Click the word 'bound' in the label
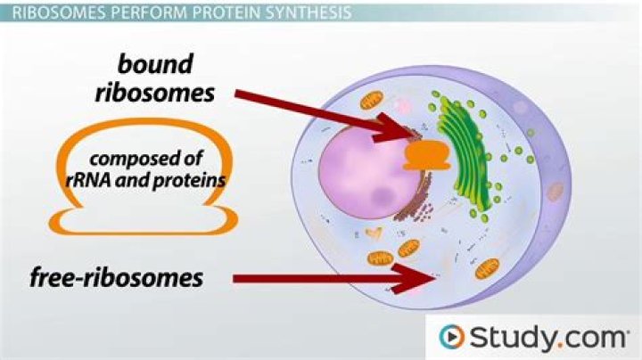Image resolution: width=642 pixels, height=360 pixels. click(x=155, y=65)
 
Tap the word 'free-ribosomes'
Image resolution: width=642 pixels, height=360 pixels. click(x=116, y=278)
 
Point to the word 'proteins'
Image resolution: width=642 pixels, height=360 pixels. click(x=189, y=181)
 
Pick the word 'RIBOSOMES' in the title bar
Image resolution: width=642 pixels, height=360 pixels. click(x=59, y=12)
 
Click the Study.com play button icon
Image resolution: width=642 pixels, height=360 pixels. click(x=451, y=337)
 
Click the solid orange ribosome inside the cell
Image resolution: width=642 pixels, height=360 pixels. click(x=427, y=155)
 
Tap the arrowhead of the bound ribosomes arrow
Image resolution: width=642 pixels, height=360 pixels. click(x=395, y=128)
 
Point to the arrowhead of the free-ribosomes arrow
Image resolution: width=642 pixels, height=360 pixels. click(x=414, y=279)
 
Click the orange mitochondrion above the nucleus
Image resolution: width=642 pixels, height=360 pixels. click(x=371, y=101)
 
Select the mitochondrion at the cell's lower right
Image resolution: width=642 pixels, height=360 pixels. click(x=487, y=269)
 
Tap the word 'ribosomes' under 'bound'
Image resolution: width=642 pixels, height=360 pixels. click(x=155, y=93)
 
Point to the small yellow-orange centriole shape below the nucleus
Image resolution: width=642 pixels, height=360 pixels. click(x=374, y=233)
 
